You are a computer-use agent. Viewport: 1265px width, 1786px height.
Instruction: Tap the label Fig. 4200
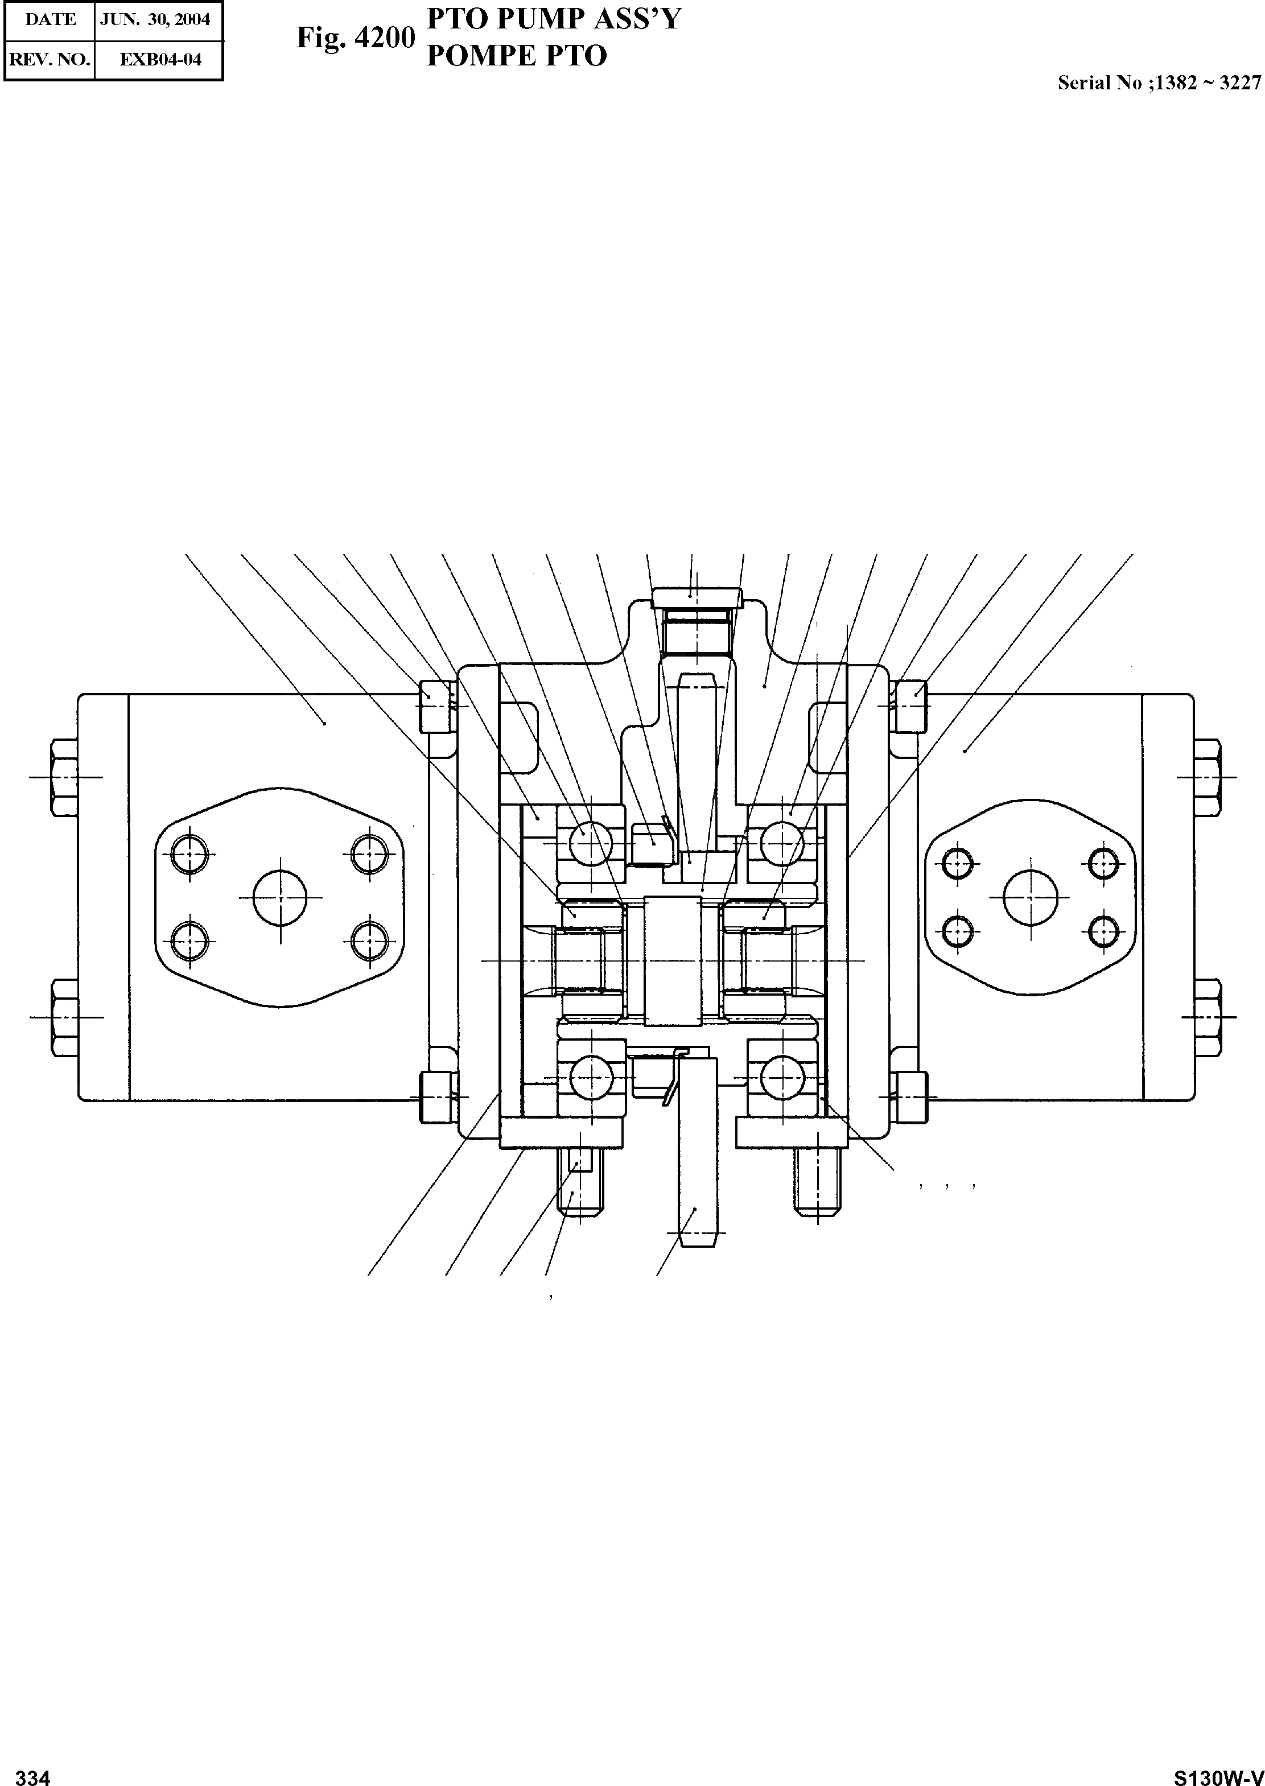pos(355,38)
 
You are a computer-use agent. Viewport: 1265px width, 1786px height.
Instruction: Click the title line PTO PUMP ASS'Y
pos(554,18)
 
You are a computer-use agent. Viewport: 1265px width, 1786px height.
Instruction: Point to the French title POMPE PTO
pos(517,56)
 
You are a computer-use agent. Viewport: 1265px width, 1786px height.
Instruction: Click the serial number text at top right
pos(1158,83)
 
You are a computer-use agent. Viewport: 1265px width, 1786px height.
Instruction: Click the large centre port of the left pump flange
pos(279,897)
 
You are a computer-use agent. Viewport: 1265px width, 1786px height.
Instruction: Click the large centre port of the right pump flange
pos(1030,897)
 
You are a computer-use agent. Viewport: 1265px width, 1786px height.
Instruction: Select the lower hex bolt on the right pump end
pos(1206,1016)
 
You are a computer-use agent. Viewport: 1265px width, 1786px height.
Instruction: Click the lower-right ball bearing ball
pos(781,1079)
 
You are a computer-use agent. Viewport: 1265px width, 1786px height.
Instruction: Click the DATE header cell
pos(50,19)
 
